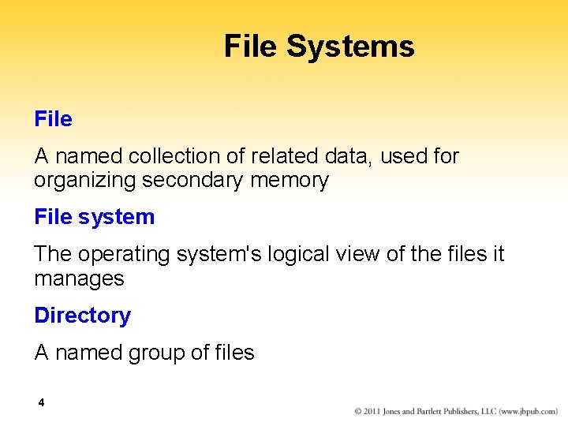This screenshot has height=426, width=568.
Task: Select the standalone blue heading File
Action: point(53,119)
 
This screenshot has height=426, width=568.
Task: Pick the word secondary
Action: point(192,181)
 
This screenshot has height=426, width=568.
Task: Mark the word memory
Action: point(289,181)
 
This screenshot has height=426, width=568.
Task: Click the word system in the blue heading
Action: point(116,217)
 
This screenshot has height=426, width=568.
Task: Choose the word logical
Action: point(297,255)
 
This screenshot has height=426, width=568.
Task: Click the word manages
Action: point(79,278)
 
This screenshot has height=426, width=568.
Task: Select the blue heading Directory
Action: point(82,316)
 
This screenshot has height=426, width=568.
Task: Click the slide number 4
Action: point(41,403)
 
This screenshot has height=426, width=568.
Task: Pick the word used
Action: point(404,157)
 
